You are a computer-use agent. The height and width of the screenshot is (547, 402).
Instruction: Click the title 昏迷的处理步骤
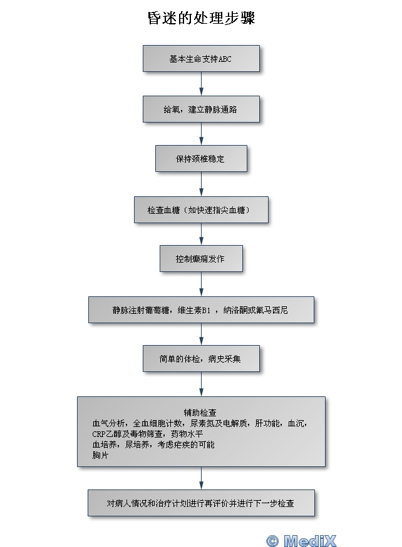click(x=201, y=18)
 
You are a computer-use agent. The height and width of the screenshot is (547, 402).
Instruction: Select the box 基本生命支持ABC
click(x=201, y=59)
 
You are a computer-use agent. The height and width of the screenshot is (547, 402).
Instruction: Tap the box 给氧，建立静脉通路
click(x=201, y=109)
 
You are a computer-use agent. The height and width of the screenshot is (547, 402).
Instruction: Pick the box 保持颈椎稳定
click(x=201, y=159)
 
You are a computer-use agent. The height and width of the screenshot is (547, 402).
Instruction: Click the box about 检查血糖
click(x=201, y=210)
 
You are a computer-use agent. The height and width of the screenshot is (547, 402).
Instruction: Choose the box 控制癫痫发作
click(x=201, y=258)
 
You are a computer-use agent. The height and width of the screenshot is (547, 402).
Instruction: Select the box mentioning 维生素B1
click(x=201, y=309)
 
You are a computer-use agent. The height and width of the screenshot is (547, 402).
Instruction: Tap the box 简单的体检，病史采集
click(x=201, y=359)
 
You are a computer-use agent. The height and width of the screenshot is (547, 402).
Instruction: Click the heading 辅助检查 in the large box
click(x=200, y=413)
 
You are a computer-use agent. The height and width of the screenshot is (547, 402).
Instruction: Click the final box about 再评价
click(x=201, y=503)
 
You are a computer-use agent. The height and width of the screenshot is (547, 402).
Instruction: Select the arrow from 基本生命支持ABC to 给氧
click(x=201, y=84)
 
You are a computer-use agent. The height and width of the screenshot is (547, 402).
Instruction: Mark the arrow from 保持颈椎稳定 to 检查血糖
click(x=201, y=184)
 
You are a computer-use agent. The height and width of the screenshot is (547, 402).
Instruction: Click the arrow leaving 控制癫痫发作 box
click(x=201, y=284)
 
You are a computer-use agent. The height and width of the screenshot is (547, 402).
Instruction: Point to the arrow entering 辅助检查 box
click(x=201, y=384)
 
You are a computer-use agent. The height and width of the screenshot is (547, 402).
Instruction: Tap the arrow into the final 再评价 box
click(x=201, y=478)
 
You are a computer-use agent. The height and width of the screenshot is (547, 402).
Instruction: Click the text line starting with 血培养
click(x=153, y=444)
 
